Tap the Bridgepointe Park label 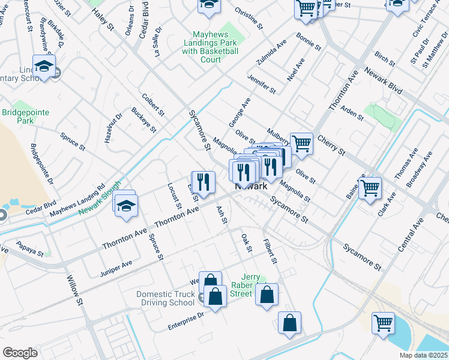pos(25,116)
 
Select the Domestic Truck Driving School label pos(166,298)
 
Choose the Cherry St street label pos(331,145)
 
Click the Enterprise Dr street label pos(186,318)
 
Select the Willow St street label pos(74,289)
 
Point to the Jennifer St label pos(262,85)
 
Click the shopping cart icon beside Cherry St pos(301,142)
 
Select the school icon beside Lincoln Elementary pos(44,66)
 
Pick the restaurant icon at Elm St pos(203,181)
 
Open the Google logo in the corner pos(20,353)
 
